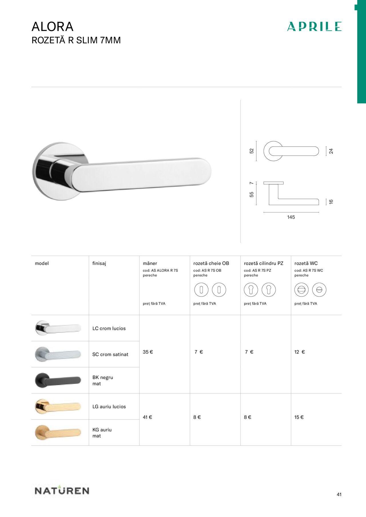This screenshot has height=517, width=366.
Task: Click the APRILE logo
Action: click(x=314, y=26)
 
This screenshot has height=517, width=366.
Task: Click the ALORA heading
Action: click(x=53, y=27)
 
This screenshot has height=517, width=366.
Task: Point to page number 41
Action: click(x=339, y=494)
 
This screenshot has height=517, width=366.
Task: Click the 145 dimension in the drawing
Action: click(x=291, y=217)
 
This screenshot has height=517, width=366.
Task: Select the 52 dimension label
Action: click(x=252, y=151)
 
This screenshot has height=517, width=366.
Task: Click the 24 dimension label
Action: click(x=331, y=151)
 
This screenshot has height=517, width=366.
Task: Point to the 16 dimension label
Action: click(x=331, y=202)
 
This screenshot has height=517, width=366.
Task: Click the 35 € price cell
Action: click(x=148, y=352)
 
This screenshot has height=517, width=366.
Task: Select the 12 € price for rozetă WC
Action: click(x=300, y=352)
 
